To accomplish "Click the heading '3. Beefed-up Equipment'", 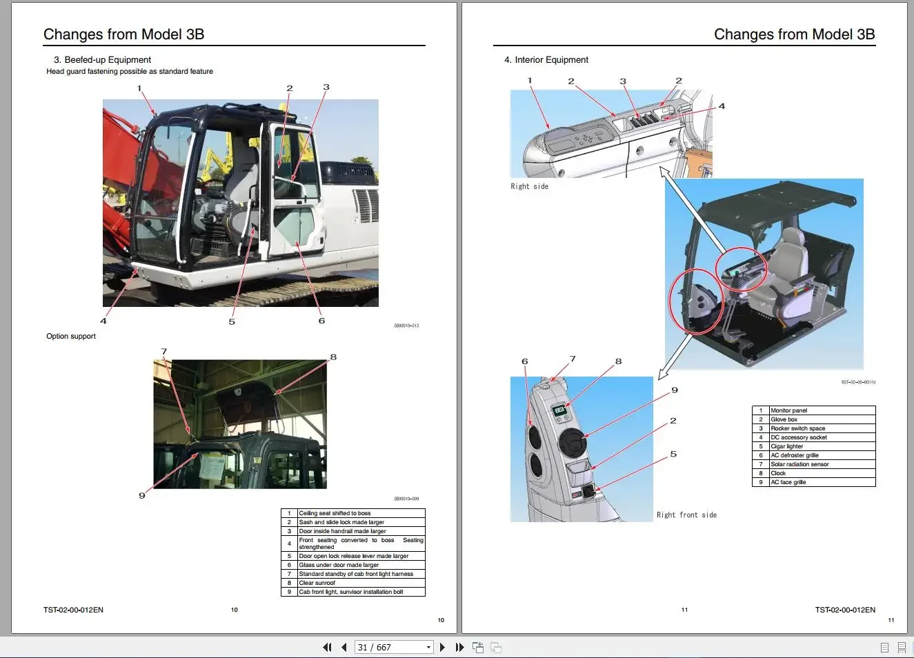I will pos(102,60).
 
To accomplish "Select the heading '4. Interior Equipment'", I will pos(546,60).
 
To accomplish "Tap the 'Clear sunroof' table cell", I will pos(317,583).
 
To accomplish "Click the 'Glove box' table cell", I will pos(784,419).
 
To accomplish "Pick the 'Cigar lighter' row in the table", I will pos(786,446).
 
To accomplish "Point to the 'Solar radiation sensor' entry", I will pos(799,464).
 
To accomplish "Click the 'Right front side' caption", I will pos(686,515).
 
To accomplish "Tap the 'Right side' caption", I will pos(529,186).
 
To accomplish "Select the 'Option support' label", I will pos(71,337).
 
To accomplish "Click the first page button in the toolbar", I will pos(327,647).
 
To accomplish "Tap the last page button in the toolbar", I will pos(459,647).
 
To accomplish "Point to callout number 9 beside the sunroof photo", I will pos(142,495).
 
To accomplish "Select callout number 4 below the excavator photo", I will pos(103,321).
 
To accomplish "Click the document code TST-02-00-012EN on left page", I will pos(73,610).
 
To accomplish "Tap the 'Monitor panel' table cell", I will pos(788,410).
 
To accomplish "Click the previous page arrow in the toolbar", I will pos(344,647).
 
